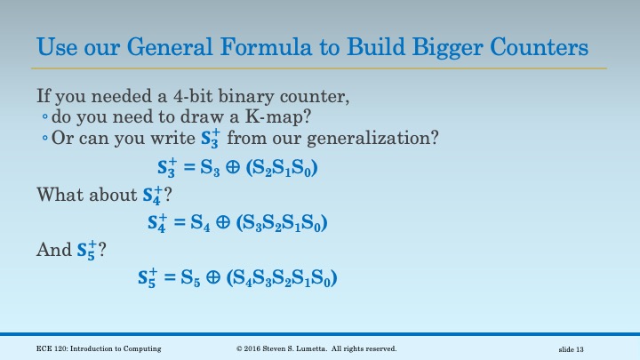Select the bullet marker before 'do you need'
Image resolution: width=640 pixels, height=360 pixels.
pyautogui.click(x=44, y=117)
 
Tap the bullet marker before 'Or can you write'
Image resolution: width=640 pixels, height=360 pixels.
pyautogui.click(x=44, y=139)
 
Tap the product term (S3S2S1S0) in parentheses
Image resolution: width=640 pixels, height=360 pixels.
pyautogui.click(x=285, y=223)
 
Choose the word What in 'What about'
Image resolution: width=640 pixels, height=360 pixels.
pyautogui.click(x=58, y=194)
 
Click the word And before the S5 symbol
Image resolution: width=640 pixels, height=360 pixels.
pyautogui.click(x=52, y=250)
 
